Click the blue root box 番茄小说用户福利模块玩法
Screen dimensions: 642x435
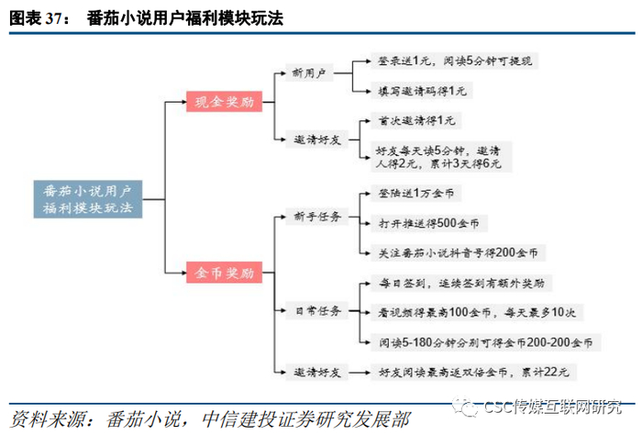88,199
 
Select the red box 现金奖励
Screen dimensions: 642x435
224,102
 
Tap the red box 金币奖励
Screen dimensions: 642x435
224,273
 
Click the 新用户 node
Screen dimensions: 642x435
309,72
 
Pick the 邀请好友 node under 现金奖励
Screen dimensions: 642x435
317,139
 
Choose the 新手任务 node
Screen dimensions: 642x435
317,217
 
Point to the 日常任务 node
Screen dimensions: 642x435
317,310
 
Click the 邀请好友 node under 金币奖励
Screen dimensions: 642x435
317,373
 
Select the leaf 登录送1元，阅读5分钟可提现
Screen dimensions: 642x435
454,61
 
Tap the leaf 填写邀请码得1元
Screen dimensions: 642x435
422,91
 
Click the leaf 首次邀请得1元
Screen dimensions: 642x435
416,120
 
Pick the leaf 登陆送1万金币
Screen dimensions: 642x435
416,193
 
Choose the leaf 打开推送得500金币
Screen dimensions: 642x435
429,223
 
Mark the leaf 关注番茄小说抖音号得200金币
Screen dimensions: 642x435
459,252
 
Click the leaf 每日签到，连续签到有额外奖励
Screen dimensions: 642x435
461,283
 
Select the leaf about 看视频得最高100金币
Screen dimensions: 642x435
477,313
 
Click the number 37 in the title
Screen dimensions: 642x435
53,19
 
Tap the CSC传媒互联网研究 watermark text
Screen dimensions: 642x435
552,407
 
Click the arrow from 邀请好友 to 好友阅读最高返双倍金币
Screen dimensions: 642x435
360,373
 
